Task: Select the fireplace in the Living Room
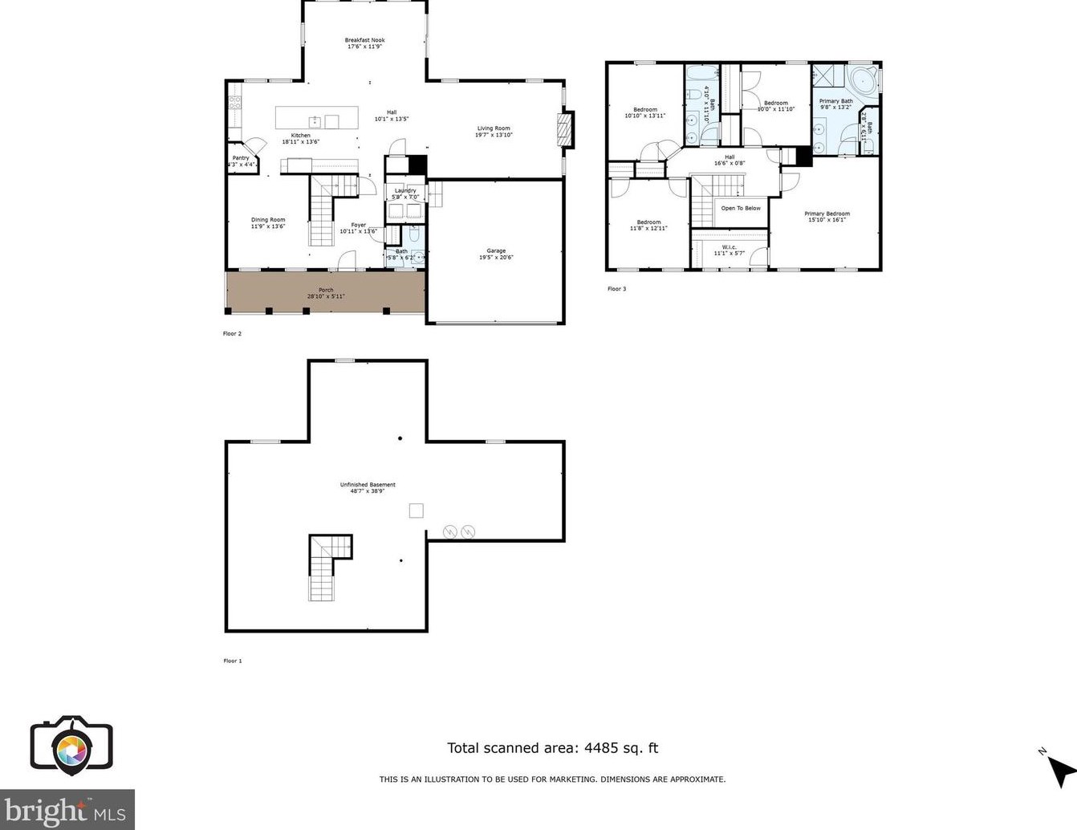coord(566,129)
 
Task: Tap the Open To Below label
coord(741,209)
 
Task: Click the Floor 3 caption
coord(616,289)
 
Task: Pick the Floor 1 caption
coord(232,661)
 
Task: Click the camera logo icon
coord(71,746)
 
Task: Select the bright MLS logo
coord(67,811)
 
